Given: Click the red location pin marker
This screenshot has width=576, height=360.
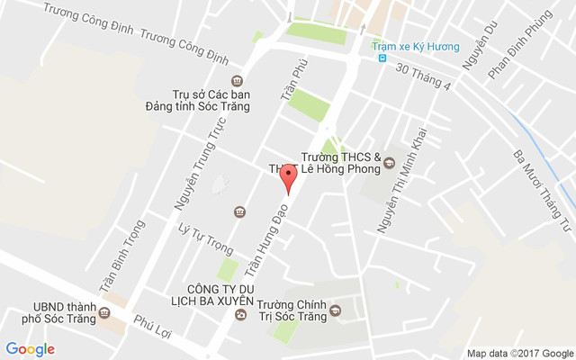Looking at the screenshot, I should (x=288, y=177).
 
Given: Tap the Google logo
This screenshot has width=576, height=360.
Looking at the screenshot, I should (x=30, y=349).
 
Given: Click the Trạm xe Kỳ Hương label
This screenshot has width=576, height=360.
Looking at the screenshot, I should (x=417, y=46).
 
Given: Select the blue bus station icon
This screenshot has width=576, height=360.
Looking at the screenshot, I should (x=383, y=59).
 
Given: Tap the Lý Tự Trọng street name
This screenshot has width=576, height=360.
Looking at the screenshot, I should (x=200, y=238).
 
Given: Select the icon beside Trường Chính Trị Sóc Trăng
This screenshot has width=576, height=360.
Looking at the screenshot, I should (x=336, y=311).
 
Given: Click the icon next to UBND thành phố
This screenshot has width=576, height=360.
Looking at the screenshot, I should (x=104, y=313).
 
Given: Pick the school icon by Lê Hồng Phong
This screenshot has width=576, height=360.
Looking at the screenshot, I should (x=390, y=163).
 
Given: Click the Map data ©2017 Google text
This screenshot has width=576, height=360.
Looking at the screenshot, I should (x=519, y=352).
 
